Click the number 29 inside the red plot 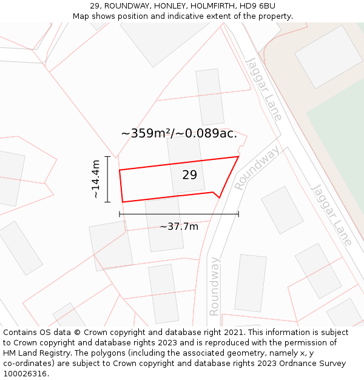[189, 175]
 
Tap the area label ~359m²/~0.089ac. [179, 134]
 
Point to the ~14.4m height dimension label [96, 179]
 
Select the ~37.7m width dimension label [179, 227]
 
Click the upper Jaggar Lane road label [264, 89]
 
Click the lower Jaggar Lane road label [331, 215]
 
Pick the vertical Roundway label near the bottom [214, 286]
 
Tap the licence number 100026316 [25, 374]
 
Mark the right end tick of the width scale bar [238, 214]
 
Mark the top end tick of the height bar [107, 157]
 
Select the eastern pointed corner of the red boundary [238, 156]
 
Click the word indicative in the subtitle [188, 16]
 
